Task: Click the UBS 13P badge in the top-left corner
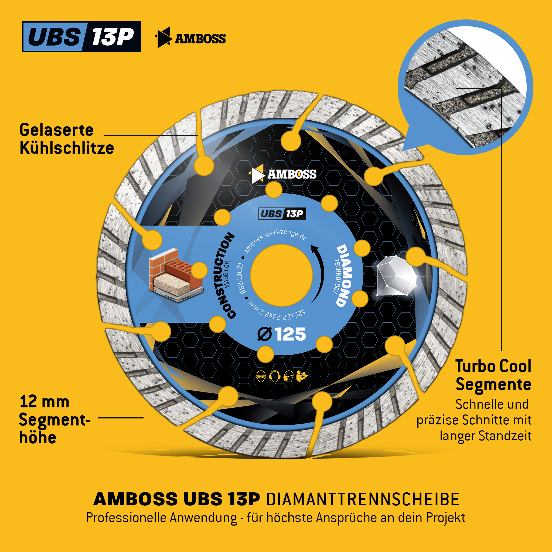[x=81, y=37]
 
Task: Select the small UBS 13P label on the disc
[x=282, y=214]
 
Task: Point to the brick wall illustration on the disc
[x=175, y=276]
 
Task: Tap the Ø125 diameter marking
[x=282, y=334]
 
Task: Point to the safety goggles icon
[x=261, y=376]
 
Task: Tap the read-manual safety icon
[x=302, y=376]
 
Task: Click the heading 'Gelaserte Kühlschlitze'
[x=67, y=139]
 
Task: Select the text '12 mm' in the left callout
[x=45, y=402]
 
